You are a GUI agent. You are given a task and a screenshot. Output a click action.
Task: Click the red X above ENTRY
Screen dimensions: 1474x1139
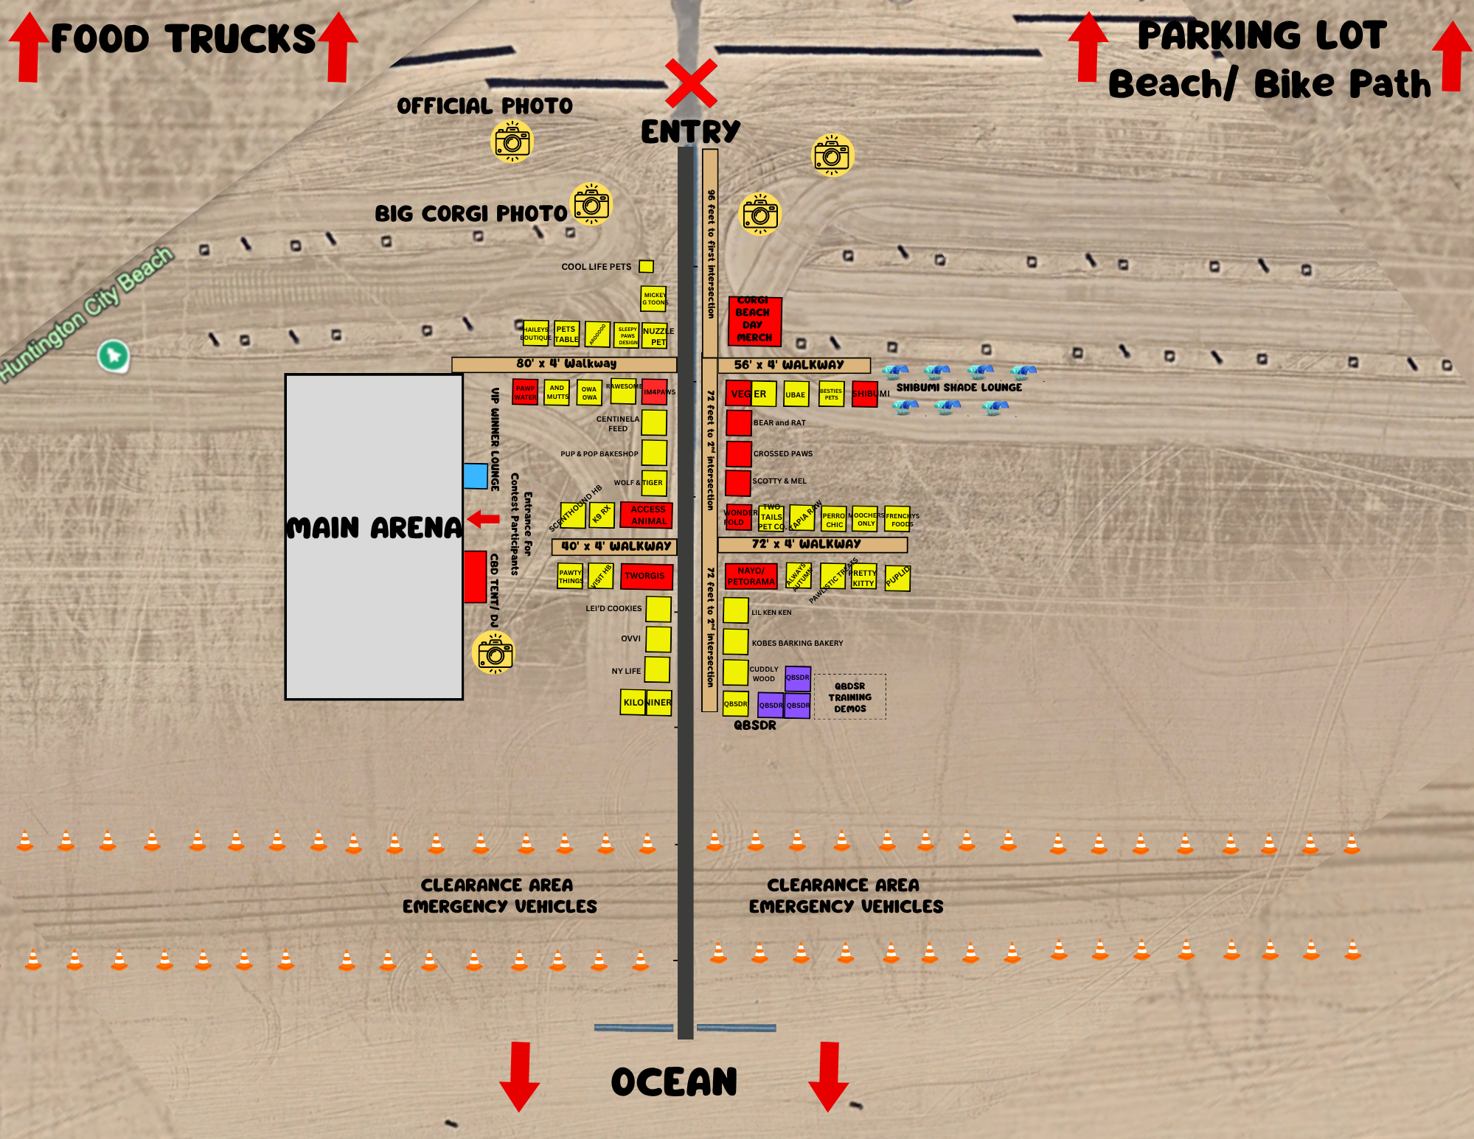pyautogui.click(x=691, y=83)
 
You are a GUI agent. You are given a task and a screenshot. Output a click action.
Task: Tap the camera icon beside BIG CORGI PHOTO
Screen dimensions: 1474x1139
pyautogui.click(x=591, y=204)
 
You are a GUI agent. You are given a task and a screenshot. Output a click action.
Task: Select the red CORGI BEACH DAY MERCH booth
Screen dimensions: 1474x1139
pyautogui.click(x=754, y=321)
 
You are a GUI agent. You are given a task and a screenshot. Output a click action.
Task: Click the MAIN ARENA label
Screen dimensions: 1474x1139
pyautogui.click(x=374, y=528)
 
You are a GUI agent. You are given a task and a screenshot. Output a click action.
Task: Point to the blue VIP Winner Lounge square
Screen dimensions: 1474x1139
pyautogui.click(x=476, y=476)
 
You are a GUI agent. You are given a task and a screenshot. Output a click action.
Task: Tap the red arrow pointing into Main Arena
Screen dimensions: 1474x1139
pyautogui.click(x=484, y=519)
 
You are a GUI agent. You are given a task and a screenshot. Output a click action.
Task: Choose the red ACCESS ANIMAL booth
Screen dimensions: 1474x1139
pyautogui.click(x=647, y=515)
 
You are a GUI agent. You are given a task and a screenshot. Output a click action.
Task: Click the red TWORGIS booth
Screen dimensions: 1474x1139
pyautogui.click(x=646, y=576)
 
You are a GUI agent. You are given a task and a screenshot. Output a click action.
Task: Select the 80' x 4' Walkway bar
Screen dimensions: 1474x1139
pyautogui.click(x=564, y=364)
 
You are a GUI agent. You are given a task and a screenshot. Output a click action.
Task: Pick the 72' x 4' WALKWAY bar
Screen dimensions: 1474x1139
pyautogui.click(x=812, y=545)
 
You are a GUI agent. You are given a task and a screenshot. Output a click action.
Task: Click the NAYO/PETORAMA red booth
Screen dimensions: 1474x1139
pyautogui.click(x=751, y=576)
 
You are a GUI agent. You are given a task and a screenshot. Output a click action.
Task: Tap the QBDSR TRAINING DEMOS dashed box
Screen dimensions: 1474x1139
pyautogui.click(x=850, y=697)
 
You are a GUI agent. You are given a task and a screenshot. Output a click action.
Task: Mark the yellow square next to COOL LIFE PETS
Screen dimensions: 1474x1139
pyautogui.click(x=646, y=266)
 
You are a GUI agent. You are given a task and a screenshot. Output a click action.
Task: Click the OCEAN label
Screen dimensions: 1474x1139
pyautogui.click(x=674, y=1082)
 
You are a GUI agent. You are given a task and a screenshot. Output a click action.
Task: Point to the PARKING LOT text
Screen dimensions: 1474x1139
pyautogui.click(x=1262, y=35)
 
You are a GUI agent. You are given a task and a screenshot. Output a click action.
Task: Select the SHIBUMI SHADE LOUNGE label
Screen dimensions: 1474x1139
pyautogui.click(x=959, y=388)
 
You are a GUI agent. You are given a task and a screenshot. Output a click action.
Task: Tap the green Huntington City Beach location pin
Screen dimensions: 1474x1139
pyautogui.click(x=114, y=356)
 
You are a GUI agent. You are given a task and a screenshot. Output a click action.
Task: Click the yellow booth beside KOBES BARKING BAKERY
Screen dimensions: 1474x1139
pyautogui.click(x=735, y=641)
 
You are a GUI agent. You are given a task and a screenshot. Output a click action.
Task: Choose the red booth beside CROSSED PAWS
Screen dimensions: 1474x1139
pyautogui.click(x=738, y=453)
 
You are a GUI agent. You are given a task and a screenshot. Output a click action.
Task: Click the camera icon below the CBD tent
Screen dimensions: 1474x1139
pyautogui.click(x=493, y=652)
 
